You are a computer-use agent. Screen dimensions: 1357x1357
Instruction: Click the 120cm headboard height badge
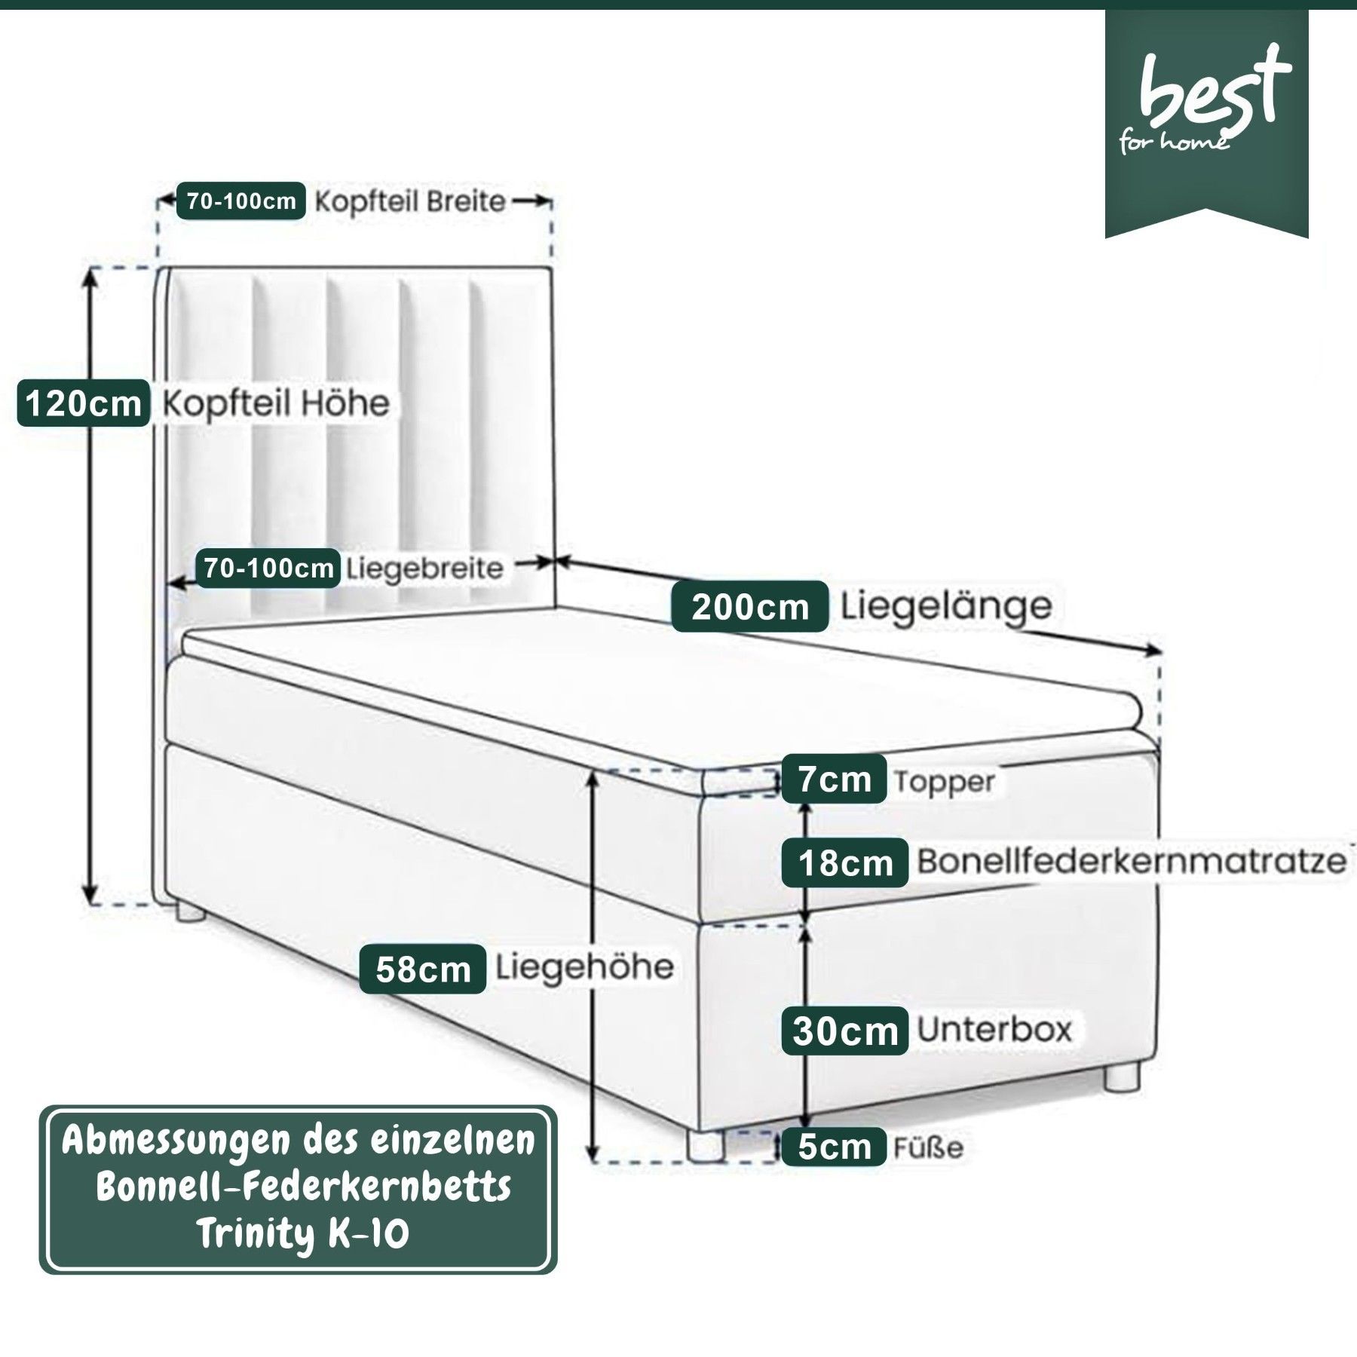coord(83,403)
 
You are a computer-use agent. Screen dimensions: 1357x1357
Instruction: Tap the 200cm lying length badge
coord(749,606)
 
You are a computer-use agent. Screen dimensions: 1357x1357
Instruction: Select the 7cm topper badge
coord(833,779)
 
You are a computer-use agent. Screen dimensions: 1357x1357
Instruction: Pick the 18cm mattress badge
coord(844,862)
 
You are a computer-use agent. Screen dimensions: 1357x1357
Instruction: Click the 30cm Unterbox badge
coord(844,1031)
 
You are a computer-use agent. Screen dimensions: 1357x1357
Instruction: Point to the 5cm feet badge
coord(833,1147)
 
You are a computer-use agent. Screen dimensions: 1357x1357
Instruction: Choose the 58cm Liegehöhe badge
coord(422,969)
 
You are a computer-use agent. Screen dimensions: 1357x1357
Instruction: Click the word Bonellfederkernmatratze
coord(1131,861)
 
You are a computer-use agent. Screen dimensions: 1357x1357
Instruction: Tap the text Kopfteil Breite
coord(409,201)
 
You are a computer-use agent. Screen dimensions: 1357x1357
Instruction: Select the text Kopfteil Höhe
coord(276,403)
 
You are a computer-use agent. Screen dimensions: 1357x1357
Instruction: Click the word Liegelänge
coord(946,605)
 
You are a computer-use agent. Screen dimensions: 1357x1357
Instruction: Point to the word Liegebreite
coord(424,569)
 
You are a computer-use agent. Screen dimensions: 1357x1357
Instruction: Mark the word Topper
coord(944,782)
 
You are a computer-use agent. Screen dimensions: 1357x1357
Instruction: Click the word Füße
coord(928,1147)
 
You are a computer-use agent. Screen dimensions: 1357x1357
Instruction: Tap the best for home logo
coord(1206,106)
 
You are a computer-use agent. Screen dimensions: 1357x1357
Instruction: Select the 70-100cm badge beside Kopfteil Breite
coord(241,201)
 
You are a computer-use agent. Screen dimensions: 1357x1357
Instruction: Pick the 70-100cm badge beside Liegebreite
coord(268,568)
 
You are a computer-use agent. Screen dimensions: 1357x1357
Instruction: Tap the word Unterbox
coord(994,1029)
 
